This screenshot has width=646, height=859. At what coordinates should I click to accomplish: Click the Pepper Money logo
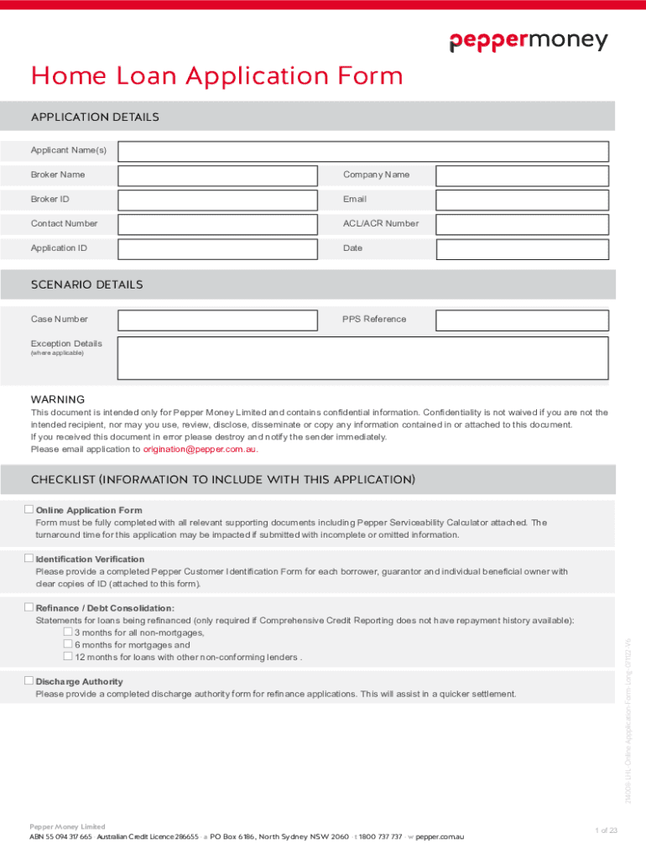click(x=528, y=41)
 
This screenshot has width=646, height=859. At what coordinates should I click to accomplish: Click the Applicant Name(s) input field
click(x=363, y=152)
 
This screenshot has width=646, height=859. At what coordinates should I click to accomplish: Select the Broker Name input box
click(x=218, y=175)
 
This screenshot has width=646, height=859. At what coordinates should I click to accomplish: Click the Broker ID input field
click(x=218, y=200)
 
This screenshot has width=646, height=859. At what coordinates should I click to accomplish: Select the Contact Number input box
click(x=218, y=224)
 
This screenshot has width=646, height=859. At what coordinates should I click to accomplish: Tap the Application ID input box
click(x=218, y=248)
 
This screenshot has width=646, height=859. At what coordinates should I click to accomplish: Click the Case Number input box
click(x=218, y=320)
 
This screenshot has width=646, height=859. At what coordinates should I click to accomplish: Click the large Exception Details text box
click(x=363, y=359)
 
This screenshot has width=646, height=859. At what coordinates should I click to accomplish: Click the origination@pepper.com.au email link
click(x=201, y=449)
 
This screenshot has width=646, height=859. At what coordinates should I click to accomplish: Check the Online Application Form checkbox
click(x=29, y=509)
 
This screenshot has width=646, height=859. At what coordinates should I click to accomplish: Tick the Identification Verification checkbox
click(x=29, y=558)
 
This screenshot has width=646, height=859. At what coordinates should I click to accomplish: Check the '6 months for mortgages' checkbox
click(x=69, y=644)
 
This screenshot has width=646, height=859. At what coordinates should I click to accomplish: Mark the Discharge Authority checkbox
click(x=29, y=680)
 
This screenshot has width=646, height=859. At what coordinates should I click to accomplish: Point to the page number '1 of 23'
click(x=606, y=830)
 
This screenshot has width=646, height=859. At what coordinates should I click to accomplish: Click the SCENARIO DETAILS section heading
click(x=87, y=285)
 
